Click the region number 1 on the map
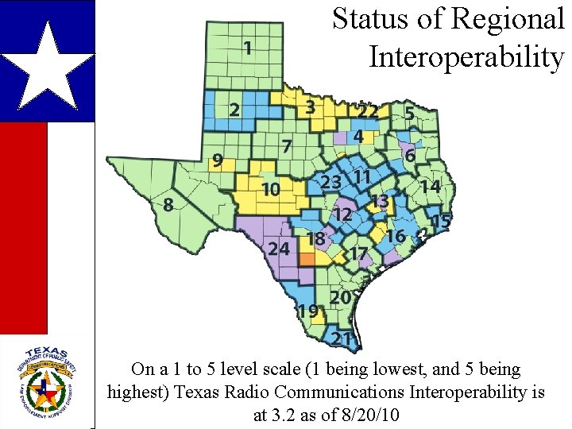[x=248, y=48]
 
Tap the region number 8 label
[x=168, y=205]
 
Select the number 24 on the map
[x=278, y=249]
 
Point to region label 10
[x=271, y=189]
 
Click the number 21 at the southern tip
[x=342, y=339]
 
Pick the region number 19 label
[x=308, y=311]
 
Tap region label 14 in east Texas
[x=431, y=186]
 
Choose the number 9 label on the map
[x=217, y=161]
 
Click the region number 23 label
[x=330, y=183]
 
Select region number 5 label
[x=409, y=114]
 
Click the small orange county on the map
[x=307, y=259]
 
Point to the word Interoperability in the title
[x=466, y=57]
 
